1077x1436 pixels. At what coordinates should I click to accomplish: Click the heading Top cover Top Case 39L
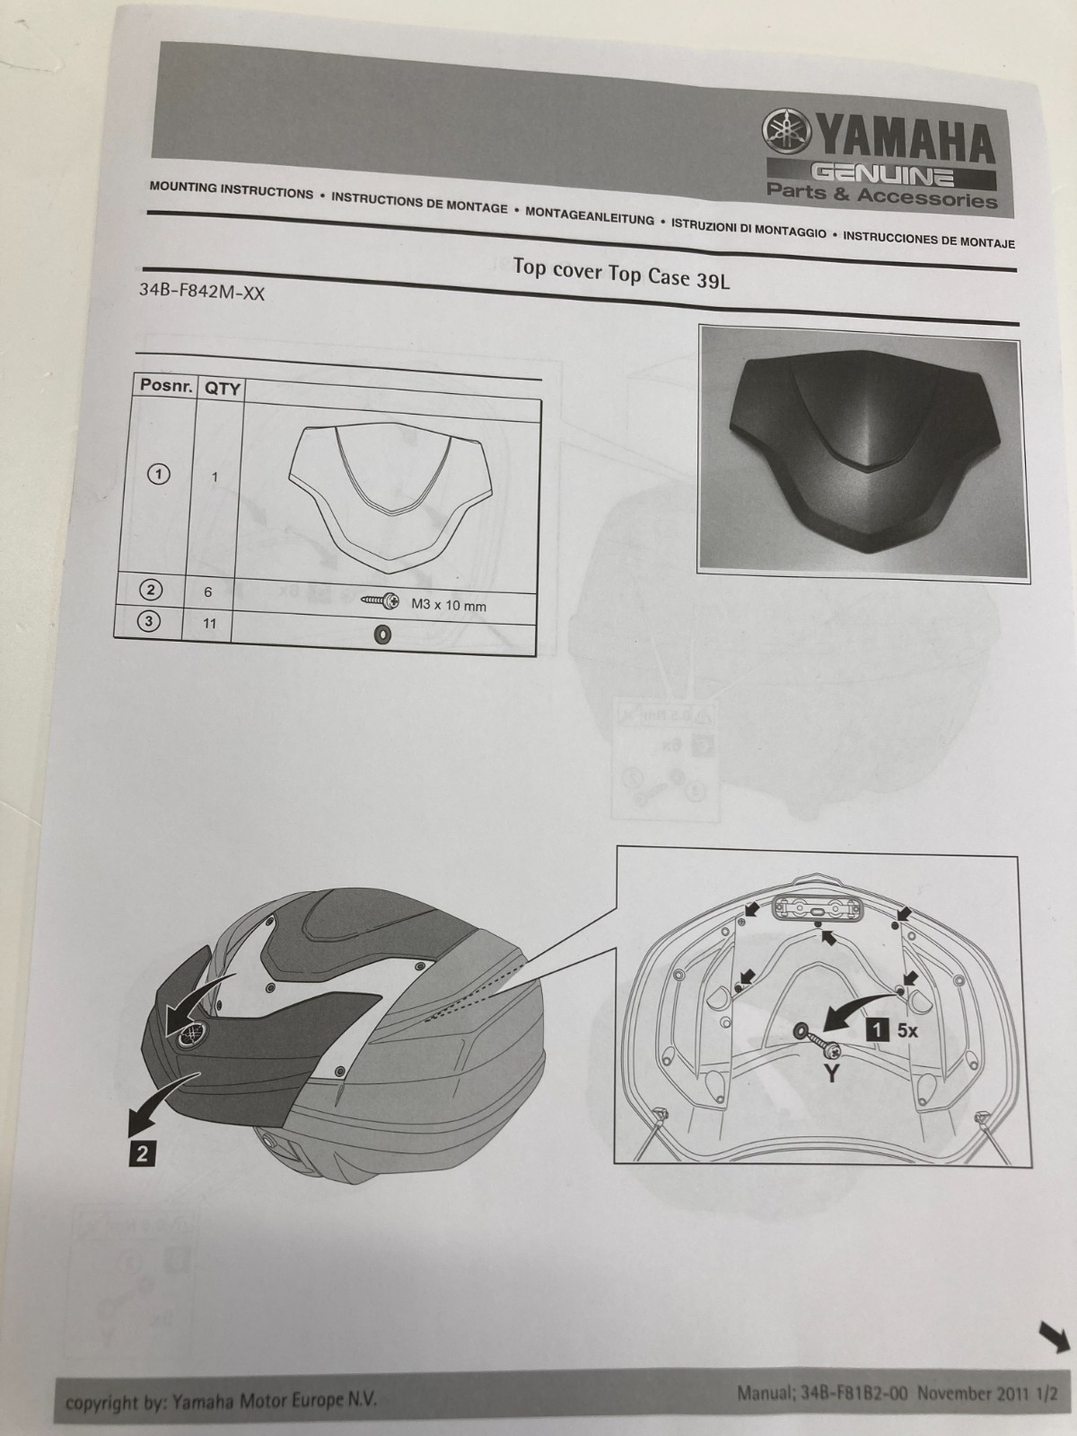coord(621,272)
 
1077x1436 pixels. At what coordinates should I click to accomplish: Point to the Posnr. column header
coord(166,385)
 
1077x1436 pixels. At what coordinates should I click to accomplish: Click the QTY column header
coord(223,389)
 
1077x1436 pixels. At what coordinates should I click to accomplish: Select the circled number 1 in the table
coord(159,474)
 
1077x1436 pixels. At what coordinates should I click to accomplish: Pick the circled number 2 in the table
coord(151,590)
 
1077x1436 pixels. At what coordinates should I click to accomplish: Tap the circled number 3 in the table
coord(148,621)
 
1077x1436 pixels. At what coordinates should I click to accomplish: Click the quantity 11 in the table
coord(208,624)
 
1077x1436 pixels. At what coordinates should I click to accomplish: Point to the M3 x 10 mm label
coord(449,606)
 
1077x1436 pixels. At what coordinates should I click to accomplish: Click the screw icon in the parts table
coord(380,600)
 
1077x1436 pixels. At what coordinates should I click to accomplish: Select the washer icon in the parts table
coord(381,634)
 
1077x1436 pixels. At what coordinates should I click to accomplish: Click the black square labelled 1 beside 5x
coord(877,1030)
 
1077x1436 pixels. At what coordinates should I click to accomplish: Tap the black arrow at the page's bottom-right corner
coord(1054,1335)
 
